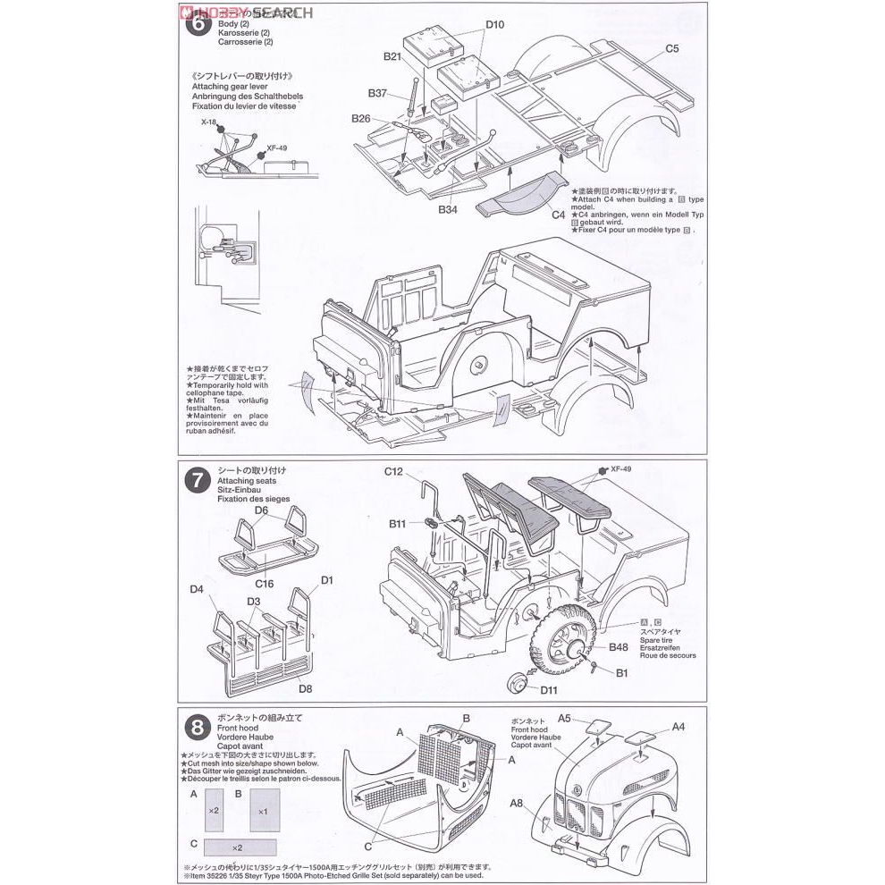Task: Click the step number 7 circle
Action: [x=197, y=479]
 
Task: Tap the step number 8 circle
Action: [x=197, y=724]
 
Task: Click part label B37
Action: [x=376, y=93]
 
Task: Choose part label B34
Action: [x=448, y=209]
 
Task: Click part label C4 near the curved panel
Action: [x=559, y=215]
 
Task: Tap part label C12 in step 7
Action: [x=394, y=471]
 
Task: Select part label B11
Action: [x=398, y=523]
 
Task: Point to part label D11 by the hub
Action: [x=548, y=689]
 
